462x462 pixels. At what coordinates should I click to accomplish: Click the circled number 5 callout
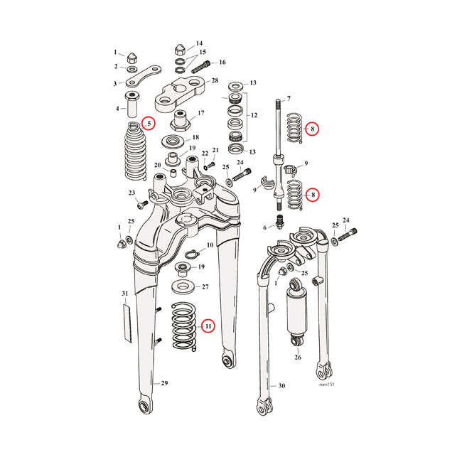[148, 124]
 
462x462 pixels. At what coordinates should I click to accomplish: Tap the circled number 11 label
[208, 326]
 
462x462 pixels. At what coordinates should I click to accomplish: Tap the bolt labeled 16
[199, 64]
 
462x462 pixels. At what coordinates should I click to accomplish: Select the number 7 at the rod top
[289, 99]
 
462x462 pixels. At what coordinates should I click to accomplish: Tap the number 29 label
[165, 384]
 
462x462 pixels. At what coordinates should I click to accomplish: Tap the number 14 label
[198, 43]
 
